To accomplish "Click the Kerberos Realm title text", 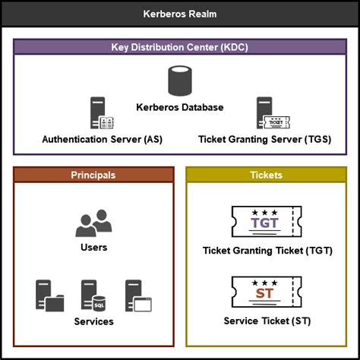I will click(180, 14).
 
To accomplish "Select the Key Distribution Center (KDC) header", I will click(180, 47).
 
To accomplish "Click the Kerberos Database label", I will click(180, 107).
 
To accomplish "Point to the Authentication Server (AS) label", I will click(103, 140).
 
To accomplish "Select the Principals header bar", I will click(93, 175).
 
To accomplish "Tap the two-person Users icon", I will click(93, 223).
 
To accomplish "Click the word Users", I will click(93, 247).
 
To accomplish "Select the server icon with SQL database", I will click(93, 296).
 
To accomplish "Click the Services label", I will click(93, 321).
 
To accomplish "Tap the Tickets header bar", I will click(266, 175).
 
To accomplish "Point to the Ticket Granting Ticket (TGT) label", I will click(267, 251).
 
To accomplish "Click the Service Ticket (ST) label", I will click(267, 321).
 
